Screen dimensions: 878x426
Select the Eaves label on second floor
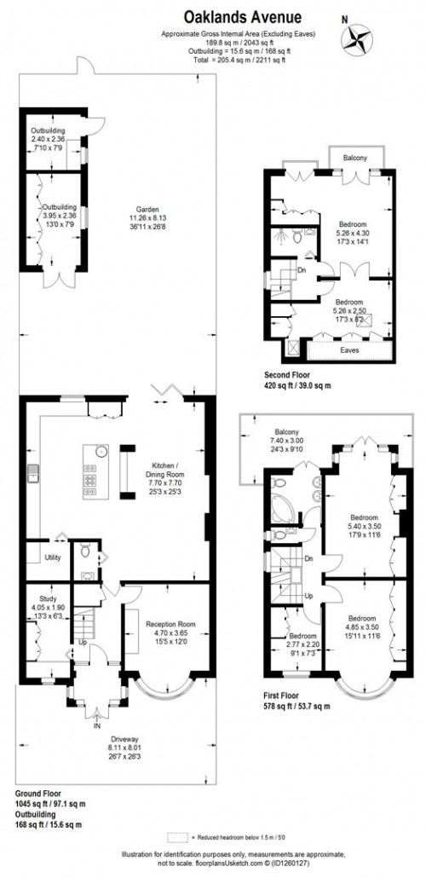coord(349,349)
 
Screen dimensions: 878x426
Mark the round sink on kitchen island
coord(101,452)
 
